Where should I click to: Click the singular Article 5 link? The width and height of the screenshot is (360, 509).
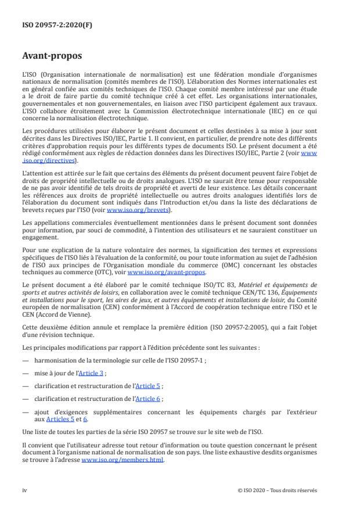[148, 386]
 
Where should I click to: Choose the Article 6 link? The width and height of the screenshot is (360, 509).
[148, 399]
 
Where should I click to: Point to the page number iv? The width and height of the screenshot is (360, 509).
[24, 490]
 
